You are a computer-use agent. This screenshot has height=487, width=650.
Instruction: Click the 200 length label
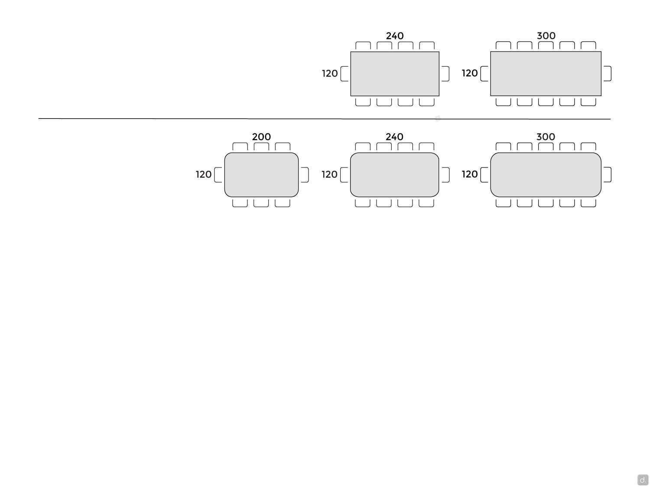261,137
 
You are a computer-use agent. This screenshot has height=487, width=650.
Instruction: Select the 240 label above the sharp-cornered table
394,36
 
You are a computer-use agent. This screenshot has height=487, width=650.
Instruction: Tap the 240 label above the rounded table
394,137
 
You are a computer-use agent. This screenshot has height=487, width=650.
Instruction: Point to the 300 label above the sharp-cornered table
546,36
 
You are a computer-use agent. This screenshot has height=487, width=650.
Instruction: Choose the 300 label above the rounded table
546,137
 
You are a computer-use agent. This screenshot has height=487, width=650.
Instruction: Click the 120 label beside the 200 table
203,174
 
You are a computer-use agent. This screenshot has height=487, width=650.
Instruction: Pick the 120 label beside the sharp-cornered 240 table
330,73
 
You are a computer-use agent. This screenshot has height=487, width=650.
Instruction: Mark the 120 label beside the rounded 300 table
470,174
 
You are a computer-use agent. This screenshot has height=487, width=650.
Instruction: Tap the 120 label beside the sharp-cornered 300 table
470,73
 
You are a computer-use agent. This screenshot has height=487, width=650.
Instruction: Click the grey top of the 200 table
261,175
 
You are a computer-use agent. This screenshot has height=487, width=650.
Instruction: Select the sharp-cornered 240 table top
395,74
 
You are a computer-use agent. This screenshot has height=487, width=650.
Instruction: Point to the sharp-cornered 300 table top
546,74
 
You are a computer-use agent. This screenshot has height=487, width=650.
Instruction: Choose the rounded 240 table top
394,175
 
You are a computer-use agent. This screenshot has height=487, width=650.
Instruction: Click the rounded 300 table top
546,175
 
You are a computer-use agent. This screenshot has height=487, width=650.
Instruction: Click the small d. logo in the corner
643,480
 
